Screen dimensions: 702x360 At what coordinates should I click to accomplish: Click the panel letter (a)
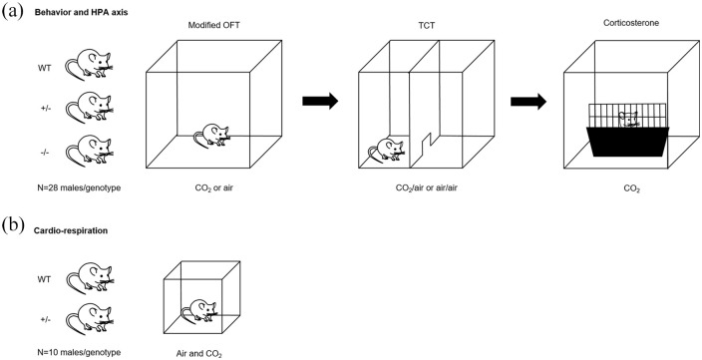click(x=12, y=11)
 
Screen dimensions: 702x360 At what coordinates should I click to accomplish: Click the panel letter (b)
click(x=13, y=223)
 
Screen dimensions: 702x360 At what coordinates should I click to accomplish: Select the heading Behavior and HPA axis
click(x=81, y=13)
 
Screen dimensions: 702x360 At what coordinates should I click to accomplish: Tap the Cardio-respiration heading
click(x=71, y=231)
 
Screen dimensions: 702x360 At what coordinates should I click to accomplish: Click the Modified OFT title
click(x=213, y=25)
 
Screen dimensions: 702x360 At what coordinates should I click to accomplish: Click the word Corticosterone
click(x=631, y=23)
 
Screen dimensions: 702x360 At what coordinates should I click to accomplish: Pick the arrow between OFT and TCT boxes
click(x=320, y=101)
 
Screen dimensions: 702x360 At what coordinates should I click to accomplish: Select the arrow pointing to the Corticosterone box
click(x=528, y=101)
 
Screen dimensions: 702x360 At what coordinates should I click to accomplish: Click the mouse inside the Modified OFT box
click(x=211, y=136)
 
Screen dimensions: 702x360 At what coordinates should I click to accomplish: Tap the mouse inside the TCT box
click(x=386, y=150)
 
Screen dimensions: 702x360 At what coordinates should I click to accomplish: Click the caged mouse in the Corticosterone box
click(x=627, y=120)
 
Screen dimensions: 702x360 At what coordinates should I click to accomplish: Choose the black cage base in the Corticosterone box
click(x=628, y=142)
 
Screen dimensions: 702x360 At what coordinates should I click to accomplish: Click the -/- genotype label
click(x=44, y=154)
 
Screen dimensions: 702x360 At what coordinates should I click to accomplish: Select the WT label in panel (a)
click(x=44, y=69)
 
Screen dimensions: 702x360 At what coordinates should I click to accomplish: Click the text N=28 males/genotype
click(x=80, y=188)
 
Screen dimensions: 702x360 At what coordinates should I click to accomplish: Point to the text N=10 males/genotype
click(x=80, y=352)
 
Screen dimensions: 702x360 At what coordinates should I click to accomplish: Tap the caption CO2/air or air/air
click(x=426, y=188)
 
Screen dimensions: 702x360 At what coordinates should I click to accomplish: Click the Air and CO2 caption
click(x=198, y=354)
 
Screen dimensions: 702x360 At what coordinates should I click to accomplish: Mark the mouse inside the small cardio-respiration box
click(x=199, y=312)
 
